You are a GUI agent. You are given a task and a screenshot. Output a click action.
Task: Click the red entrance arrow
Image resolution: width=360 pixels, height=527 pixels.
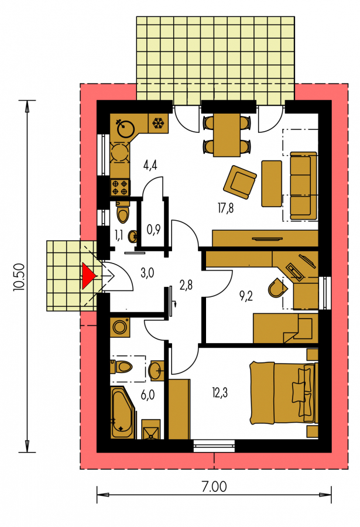(x=88, y=276)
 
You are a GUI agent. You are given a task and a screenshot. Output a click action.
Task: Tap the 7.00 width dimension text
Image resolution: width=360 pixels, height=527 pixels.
(x=214, y=487)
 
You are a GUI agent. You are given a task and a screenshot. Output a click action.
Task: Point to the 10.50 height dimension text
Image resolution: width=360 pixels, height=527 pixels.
(x=19, y=276)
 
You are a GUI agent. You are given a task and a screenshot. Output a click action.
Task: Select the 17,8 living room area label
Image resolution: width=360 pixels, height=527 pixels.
(x=225, y=208)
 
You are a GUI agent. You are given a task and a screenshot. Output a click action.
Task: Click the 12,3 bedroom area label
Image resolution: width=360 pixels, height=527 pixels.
(x=220, y=392)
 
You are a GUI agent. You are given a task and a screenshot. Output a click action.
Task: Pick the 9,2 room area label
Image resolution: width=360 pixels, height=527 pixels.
(x=246, y=296)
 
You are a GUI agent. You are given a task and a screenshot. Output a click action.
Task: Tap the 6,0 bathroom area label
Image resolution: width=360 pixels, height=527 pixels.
(x=148, y=395)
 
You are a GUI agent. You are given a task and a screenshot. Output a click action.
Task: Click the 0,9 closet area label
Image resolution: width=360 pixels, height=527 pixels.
(x=153, y=230)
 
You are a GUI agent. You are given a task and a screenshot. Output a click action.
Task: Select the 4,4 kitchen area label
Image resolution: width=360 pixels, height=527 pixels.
(x=150, y=165)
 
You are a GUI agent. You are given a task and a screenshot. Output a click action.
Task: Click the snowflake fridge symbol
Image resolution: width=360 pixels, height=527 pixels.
(x=158, y=124)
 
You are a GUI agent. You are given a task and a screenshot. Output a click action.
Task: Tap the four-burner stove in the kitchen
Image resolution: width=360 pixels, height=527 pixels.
(x=120, y=187)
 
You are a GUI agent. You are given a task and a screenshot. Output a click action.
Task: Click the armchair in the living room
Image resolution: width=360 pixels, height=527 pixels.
(x=240, y=182)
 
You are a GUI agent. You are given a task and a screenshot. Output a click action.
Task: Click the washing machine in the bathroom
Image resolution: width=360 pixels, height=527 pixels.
(x=119, y=326)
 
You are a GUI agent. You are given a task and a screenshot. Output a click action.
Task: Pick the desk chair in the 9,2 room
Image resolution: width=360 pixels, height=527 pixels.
(x=277, y=288)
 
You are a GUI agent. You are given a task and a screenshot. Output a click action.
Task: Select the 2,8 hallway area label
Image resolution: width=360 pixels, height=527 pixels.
(x=186, y=285)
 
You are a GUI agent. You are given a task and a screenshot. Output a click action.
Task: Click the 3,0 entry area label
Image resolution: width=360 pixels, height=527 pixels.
(x=148, y=273)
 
